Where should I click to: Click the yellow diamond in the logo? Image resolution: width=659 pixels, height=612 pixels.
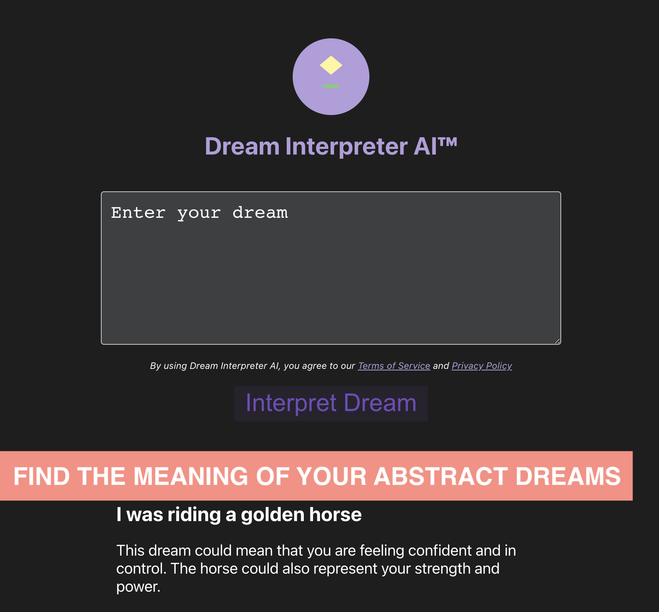coord(331,65)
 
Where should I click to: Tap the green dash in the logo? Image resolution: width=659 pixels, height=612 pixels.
coord(331,86)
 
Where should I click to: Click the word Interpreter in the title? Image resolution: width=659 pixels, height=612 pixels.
coord(346,146)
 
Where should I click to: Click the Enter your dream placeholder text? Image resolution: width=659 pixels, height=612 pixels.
coord(199,213)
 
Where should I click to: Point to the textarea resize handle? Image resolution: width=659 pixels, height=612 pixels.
coord(557,341)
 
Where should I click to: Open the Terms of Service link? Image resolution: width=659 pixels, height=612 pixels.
coord(394,366)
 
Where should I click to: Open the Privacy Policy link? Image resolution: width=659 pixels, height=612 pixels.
coord(482,366)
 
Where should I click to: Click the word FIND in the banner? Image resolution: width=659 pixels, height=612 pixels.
coord(41,476)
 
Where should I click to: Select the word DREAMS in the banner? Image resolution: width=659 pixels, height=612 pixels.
coord(568,476)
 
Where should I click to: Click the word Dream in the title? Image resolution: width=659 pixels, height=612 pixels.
coord(242,146)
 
